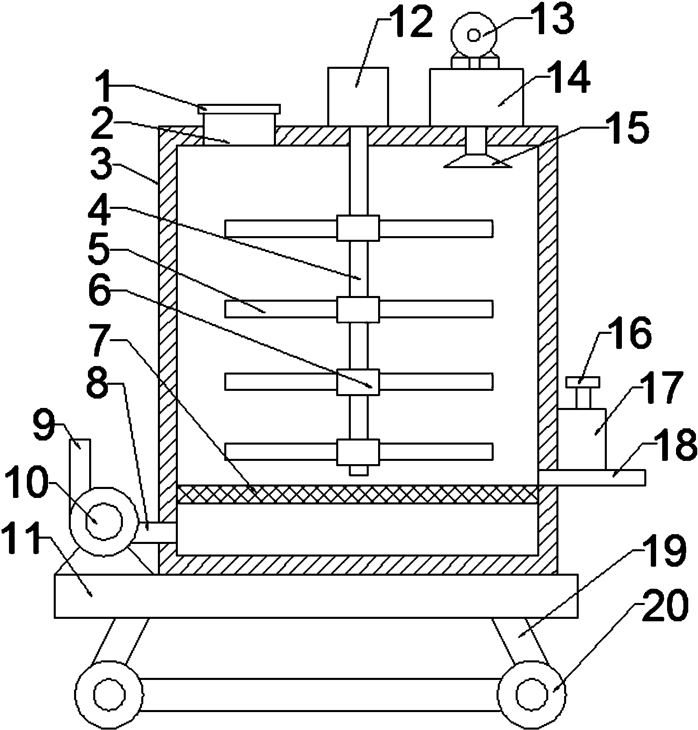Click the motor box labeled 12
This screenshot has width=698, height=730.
pyautogui.click(x=358, y=96)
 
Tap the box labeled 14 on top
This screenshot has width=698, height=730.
pyautogui.click(x=476, y=97)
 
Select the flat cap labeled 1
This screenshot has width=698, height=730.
pyautogui.click(x=239, y=109)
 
